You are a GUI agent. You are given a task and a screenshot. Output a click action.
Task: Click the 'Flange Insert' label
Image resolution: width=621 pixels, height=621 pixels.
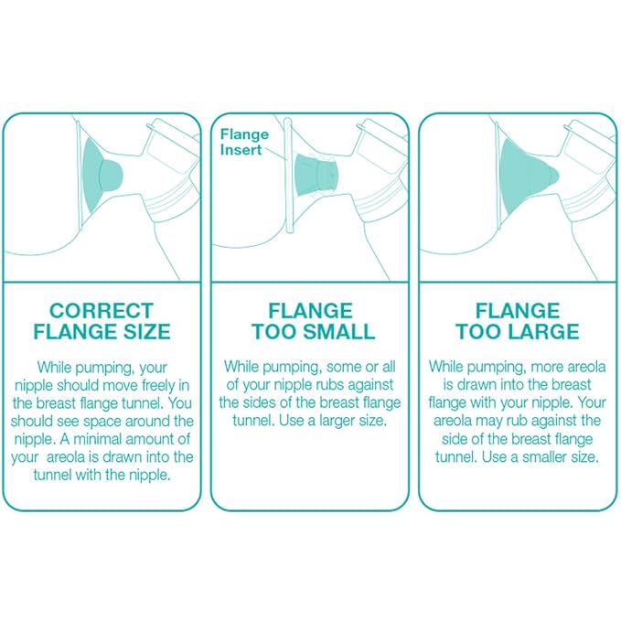pyautogui.click(x=244, y=142)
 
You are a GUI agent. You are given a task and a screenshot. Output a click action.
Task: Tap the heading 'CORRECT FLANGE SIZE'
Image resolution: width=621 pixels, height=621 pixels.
pyautogui.click(x=102, y=321)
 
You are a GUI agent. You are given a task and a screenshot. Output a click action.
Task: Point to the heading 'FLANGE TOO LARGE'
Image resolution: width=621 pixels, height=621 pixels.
pyautogui.click(x=518, y=321)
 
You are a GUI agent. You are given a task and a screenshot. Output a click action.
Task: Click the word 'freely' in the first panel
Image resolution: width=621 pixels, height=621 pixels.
pyautogui.click(x=158, y=385)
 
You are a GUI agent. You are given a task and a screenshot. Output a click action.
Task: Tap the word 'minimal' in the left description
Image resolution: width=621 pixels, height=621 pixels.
pyautogui.click(x=97, y=439)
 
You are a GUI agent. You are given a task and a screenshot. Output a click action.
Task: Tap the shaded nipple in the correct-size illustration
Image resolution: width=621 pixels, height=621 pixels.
pyautogui.click(x=111, y=175)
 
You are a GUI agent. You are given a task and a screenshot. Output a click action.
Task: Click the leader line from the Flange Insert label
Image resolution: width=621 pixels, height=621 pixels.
pyautogui.click(x=275, y=154)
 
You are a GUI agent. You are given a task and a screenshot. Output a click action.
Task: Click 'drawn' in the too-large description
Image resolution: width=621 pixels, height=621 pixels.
pyautogui.click(x=476, y=384)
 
